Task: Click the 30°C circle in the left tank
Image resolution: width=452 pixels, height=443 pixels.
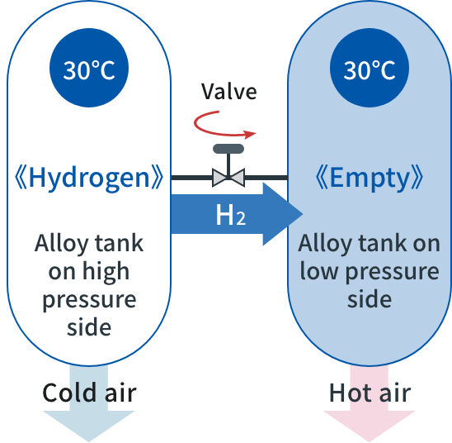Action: [89, 68]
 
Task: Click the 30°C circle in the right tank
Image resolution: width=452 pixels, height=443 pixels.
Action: [370, 68]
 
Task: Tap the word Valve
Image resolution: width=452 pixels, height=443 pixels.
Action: [228, 92]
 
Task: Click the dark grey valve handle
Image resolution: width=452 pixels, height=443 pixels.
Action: [228, 149]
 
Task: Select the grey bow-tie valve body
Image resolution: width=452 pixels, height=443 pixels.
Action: [228, 178]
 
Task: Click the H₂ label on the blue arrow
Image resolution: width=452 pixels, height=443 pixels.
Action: [231, 215]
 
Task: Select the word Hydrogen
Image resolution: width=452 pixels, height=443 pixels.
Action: [89, 178]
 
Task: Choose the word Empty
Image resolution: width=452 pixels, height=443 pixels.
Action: [370, 178]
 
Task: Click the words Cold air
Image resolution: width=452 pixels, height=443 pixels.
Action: [89, 393]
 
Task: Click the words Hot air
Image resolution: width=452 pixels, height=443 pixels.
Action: [370, 393]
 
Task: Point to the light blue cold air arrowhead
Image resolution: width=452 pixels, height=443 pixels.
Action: [89, 425]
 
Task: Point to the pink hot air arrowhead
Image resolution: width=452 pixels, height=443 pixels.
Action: [370, 425]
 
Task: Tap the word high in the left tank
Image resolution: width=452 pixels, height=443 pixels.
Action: [106, 271]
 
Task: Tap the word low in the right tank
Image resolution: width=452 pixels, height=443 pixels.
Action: [318, 270]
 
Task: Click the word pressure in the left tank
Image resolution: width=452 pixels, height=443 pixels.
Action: [89, 300]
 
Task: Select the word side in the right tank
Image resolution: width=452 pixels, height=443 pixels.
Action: [370, 298]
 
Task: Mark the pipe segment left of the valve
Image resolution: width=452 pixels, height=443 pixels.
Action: [191, 178]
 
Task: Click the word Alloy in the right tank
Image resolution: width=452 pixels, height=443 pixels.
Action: [325, 244]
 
